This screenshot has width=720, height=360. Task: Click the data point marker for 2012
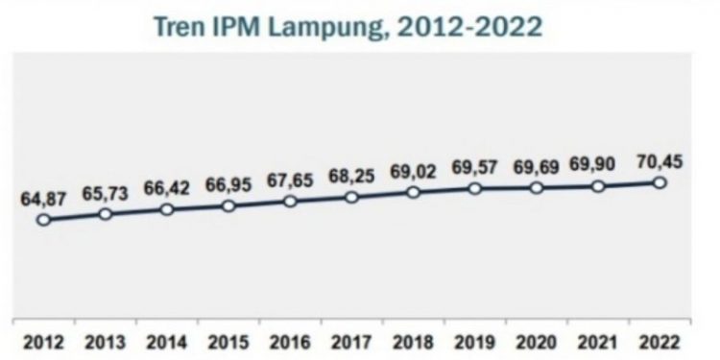pyautogui.click(x=43, y=220)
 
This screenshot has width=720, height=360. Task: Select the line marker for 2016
pyautogui.click(x=290, y=202)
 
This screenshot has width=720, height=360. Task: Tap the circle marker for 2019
pyautogui.click(x=474, y=188)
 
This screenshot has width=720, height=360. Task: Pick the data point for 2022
pyautogui.click(x=660, y=182)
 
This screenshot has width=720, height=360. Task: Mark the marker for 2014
pyautogui.click(x=166, y=209)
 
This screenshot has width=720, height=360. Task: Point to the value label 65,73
pyautogui.click(x=105, y=192)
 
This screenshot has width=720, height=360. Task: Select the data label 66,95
pyautogui.click(x=228, y=183)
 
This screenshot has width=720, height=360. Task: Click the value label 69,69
pyautogui.click(x=536, y=167)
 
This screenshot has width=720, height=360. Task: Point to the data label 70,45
pyautogui.click(x=659, y=161)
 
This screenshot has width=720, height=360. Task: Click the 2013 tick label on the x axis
pyautogui.click(x=105, y=343)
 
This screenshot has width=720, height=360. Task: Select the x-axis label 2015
pyautogui.click(x=228, y=343)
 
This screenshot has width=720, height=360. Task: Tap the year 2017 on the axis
pyautogui.click(x=351, y=343)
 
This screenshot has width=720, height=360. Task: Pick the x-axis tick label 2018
pyautogui.click(x=413, y=343)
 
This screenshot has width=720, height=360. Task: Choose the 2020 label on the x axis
pyautogui.click(x=536, y=343)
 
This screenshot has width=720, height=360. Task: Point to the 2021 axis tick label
pyautogui.click(x=597, y=343)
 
